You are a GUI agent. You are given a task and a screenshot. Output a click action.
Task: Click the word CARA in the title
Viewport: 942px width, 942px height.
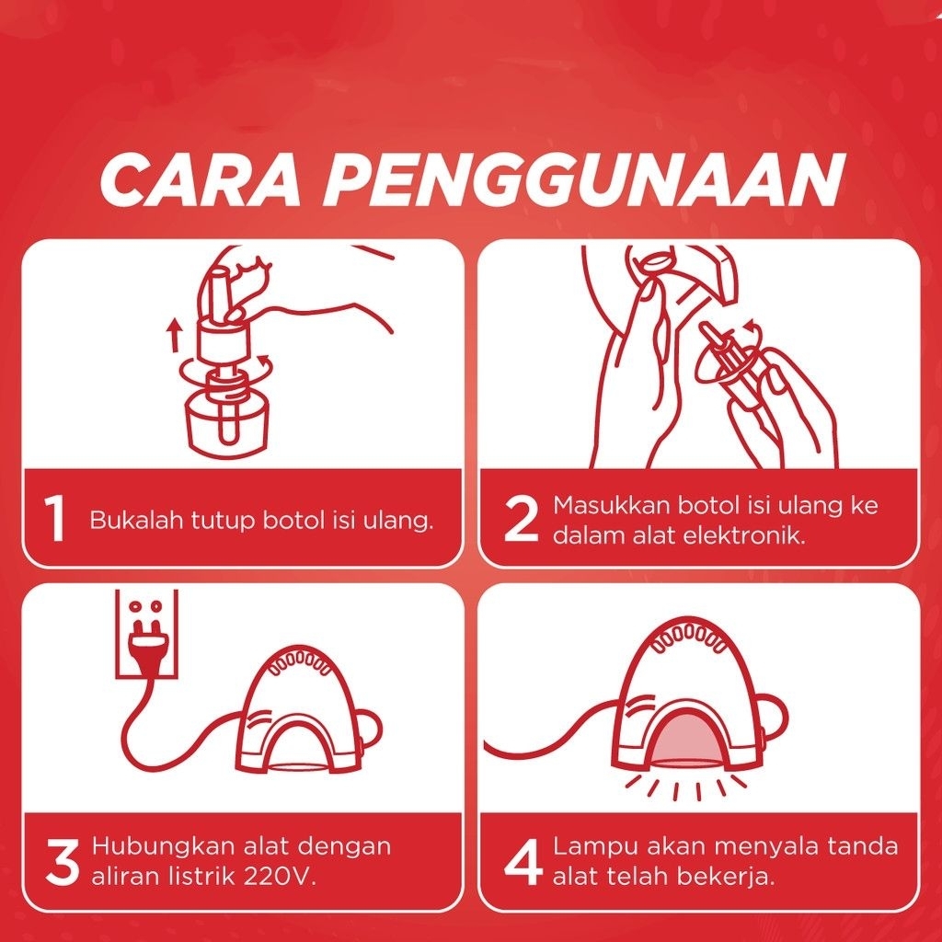[200, 179]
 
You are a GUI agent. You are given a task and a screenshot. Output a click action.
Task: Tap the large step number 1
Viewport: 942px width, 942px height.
[55, 519]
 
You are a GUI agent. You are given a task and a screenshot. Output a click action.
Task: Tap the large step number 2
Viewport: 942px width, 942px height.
[521, 519]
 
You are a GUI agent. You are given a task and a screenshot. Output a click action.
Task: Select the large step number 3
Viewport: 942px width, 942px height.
[62, 861]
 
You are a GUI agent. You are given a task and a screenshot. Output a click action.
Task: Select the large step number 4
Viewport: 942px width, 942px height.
[523, 861]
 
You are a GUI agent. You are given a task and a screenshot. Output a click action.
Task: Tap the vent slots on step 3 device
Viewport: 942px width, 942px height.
[301, 661]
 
